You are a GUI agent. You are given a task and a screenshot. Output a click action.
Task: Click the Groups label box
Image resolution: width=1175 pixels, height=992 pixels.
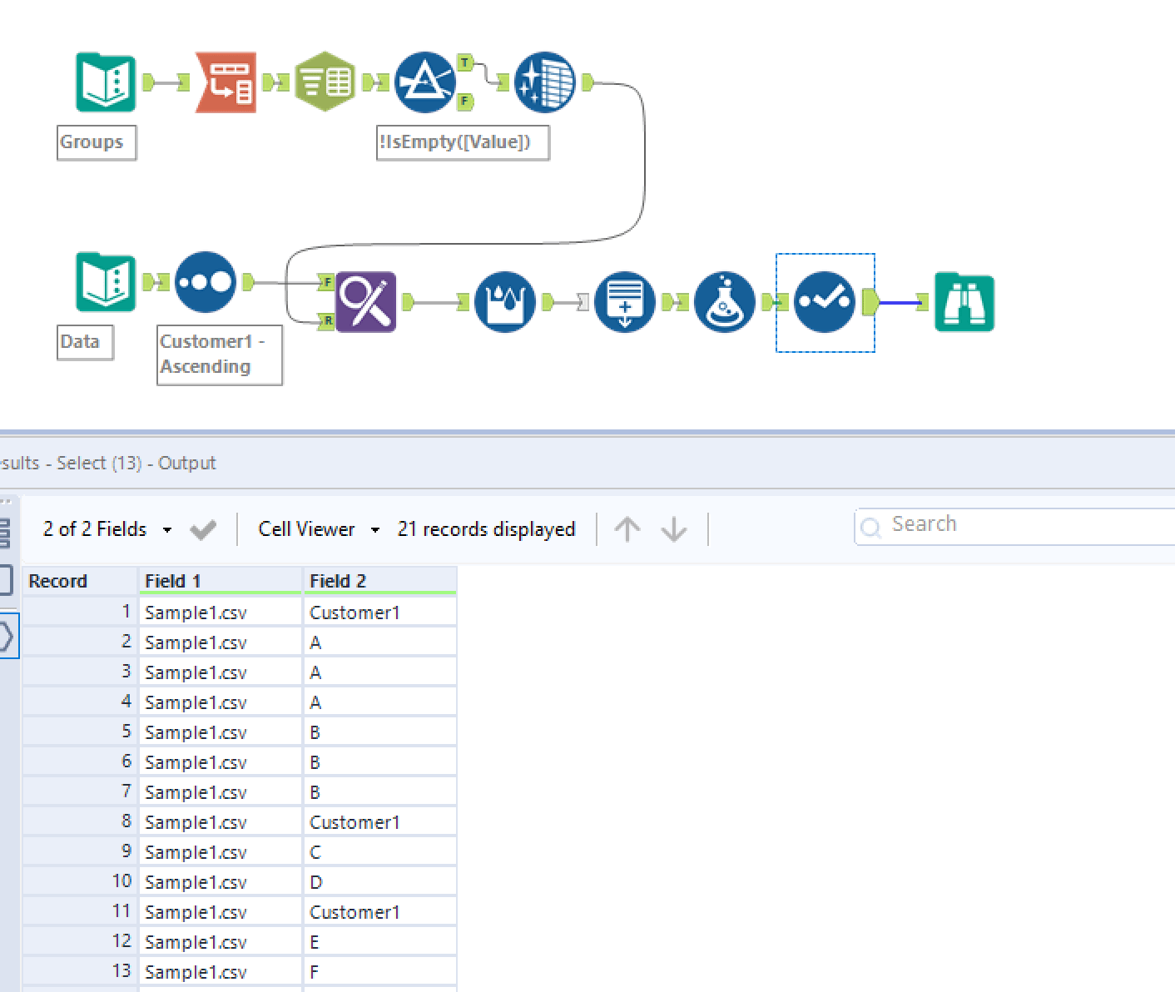96,142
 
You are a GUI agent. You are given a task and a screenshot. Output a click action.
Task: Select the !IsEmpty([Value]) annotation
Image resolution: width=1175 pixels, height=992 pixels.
463,142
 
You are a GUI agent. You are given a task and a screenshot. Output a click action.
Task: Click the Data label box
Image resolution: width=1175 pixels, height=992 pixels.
84,342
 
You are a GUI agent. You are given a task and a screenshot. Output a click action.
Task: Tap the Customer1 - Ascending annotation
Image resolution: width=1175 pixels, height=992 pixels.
219,355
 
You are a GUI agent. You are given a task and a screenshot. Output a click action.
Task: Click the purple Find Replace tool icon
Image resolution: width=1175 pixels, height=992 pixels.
366,302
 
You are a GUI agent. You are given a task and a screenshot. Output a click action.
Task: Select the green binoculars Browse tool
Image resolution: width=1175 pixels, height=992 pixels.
964,302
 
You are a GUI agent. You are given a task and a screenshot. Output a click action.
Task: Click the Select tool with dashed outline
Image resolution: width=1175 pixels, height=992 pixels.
825,302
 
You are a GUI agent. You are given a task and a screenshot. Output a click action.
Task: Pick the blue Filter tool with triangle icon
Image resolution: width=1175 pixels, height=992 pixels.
424,82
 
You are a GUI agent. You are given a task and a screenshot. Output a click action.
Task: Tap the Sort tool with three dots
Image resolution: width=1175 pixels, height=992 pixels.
206,282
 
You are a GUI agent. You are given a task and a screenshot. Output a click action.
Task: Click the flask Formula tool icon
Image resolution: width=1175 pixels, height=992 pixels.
724,302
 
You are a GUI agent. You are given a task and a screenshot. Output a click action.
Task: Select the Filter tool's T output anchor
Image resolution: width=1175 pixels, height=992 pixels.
465,62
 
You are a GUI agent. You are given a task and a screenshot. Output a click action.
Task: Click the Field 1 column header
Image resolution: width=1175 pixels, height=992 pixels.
219,581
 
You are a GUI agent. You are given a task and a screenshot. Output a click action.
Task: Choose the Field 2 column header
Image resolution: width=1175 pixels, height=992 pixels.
379,581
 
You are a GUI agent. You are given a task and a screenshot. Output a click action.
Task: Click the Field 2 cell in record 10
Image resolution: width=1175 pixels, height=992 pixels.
379,882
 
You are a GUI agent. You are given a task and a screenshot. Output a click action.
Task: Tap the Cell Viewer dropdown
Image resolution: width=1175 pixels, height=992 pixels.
319,529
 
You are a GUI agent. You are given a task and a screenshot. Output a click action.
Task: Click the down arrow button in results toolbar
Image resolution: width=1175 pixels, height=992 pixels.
674,529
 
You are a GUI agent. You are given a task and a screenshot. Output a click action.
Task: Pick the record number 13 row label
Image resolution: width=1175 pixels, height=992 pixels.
79,971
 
